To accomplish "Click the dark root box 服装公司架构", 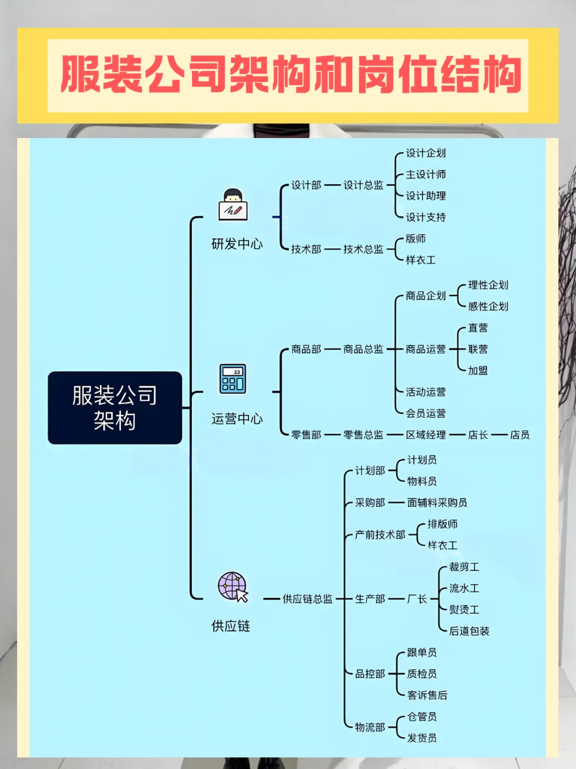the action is point(115,408).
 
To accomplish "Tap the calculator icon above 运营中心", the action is point(233,379).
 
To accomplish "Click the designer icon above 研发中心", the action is point(233,205).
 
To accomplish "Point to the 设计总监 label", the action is point(363,185).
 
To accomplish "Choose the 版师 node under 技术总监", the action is point(415,239).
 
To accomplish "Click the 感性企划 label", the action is point(488,306).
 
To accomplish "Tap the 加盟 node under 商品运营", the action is point(478,370).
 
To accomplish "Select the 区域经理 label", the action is point(426,435).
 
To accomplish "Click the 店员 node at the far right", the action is point(519,435).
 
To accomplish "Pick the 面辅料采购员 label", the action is point(437,503).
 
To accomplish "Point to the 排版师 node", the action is point(442,524).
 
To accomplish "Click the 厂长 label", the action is point(417,599).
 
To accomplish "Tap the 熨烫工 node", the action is point(464,610).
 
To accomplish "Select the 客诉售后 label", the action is point(427,695).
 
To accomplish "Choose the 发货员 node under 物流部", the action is point(422,738).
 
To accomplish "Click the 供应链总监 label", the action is point(307,599).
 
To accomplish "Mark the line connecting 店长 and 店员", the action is point(499,435).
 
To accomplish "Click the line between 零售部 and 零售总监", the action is point(332,435).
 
